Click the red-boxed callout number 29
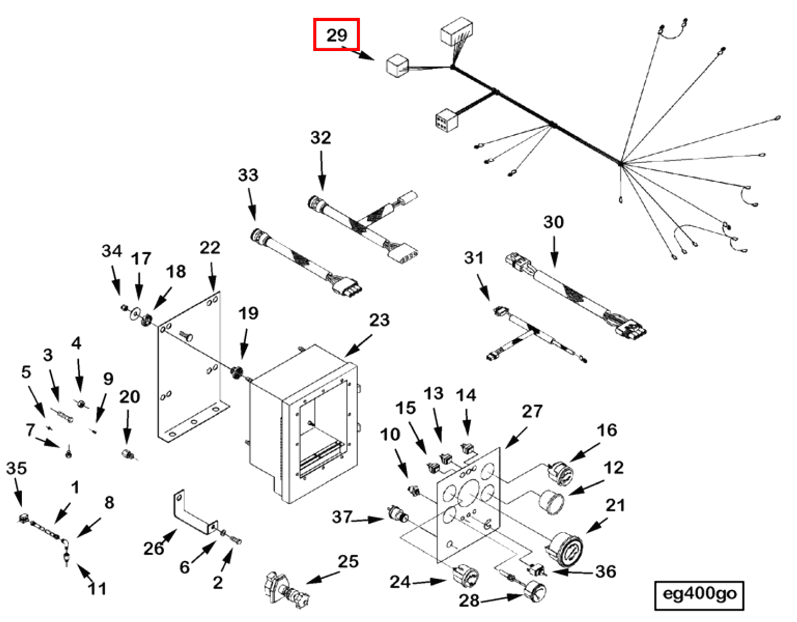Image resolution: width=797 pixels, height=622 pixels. (x=336, y=35)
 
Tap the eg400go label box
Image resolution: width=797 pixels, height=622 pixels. (x=699, y=594)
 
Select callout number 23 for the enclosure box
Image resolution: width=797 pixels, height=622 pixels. (x=379, y=320)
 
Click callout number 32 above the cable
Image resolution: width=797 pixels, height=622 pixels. (x=321, y=138)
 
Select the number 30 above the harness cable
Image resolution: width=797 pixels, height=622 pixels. (x=553, y=222)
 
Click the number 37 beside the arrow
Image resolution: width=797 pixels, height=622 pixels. (x=342, y=517)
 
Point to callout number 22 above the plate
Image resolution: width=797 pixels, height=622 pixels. (x=210, y=248)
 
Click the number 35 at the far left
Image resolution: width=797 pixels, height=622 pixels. (x=16, y=468)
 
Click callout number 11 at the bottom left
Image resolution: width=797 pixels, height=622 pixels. (x=97, y=589)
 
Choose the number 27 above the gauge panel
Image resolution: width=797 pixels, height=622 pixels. (x=532, y=411)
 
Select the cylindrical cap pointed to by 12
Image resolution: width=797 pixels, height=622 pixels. (x=551, y=502)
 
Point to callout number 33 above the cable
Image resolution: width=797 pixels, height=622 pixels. (x=248, y=175)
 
